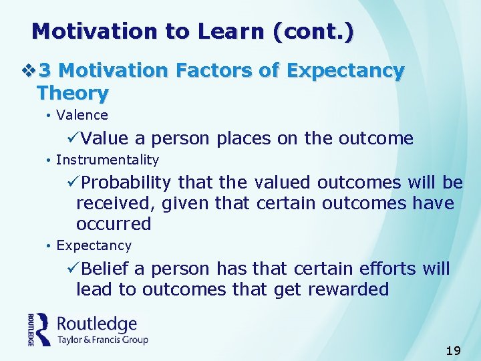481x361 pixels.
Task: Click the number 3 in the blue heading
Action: point(45,70)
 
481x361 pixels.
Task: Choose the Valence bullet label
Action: point(82,115)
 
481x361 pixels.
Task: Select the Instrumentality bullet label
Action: point(108,160)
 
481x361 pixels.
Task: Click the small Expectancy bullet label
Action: point(94,245)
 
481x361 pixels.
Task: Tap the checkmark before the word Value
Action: point(74,138)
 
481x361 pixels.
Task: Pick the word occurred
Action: point(114,223)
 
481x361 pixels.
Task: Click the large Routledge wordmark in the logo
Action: point(97,324)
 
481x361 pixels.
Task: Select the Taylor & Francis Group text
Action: point(102,340)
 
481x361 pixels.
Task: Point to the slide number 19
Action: point(453,350)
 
